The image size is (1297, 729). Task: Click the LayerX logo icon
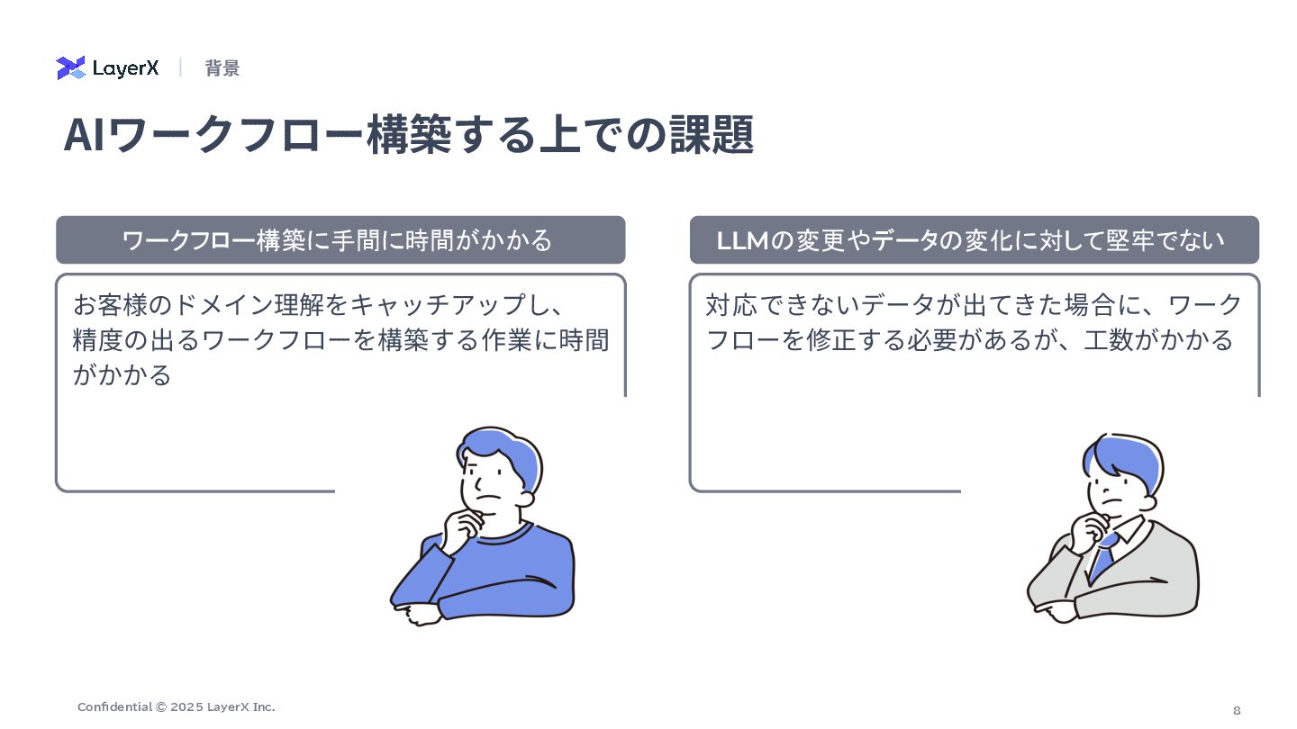(x=70, y=68)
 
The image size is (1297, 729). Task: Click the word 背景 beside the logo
(x=222, y=68)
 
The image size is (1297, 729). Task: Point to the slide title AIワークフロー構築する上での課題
(x=408, y=135)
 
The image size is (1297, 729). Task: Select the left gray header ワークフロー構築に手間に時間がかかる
(x=340, y=240)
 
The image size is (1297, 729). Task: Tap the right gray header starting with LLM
(x=974, y=240)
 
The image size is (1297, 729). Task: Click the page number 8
(x=1237, y=710)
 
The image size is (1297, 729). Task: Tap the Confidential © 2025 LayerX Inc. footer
(x=177, y=707)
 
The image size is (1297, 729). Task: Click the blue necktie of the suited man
(x=1103, y=553)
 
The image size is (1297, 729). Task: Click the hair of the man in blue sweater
(x=501, y=449)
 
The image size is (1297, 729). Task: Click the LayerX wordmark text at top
(x=125, y=68)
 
